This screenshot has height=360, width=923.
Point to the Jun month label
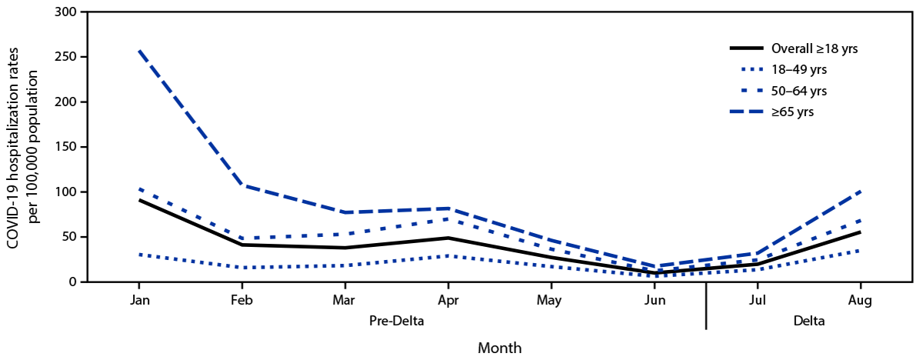click(x=654, y=301)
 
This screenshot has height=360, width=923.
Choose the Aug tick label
click(x=860, y=301)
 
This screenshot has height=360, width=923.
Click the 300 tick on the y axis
click(x=65, y=12)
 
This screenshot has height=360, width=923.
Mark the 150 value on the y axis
click(x=65, y=147)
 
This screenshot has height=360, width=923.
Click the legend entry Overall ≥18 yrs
click(x=815, y=48)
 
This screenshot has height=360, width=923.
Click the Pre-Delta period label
click(x=396, y=322)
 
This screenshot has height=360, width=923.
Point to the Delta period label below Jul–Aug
click(x=809, y=322)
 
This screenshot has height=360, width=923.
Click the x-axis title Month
click(x=499, y=348)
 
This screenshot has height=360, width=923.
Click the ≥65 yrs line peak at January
click(x=139, y=51)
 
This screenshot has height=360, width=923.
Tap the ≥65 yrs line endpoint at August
click(x=860, y=191)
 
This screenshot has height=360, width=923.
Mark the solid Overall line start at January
click(x=139, y=200)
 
